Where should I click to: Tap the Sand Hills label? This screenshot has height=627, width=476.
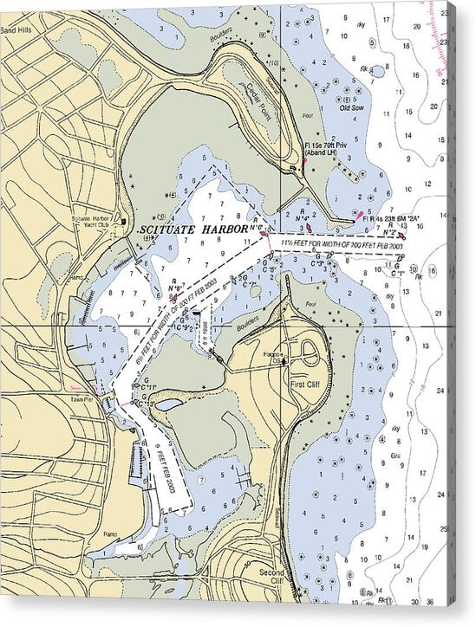[x=15, y=29]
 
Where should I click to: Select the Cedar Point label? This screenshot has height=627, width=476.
[x=258, y=93]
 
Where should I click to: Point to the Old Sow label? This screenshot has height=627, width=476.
[x=351, y=108]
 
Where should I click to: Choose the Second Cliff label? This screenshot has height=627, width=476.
[x=271, y=577]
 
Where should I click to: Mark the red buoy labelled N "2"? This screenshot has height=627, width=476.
[x=401, y=235]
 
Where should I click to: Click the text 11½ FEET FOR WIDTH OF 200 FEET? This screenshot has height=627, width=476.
[x=342, y=245]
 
